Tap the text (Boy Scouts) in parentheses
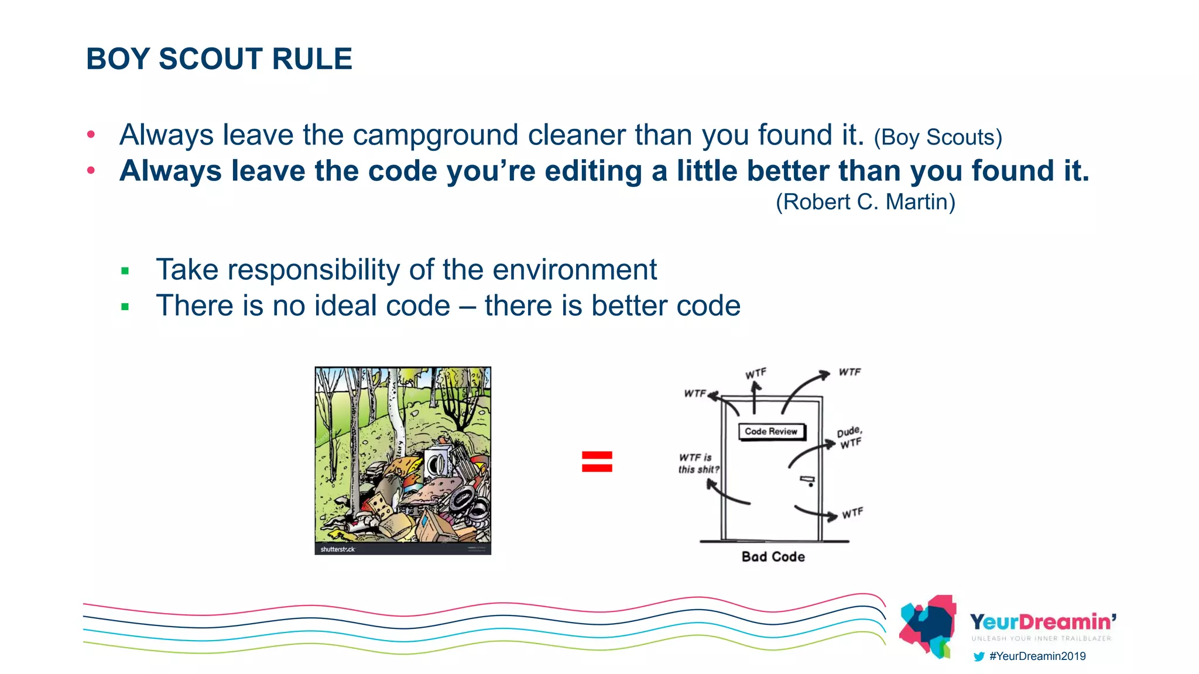938,137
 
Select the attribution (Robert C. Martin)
865,202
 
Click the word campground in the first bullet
436,135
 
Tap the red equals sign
597,462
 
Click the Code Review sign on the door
771,432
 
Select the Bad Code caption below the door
773,557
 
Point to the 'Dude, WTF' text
849,437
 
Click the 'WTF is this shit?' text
698,463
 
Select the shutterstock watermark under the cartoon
338,549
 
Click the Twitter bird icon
978,656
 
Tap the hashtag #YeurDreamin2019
1037,656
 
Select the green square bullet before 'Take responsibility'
125,271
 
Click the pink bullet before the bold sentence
91,171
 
